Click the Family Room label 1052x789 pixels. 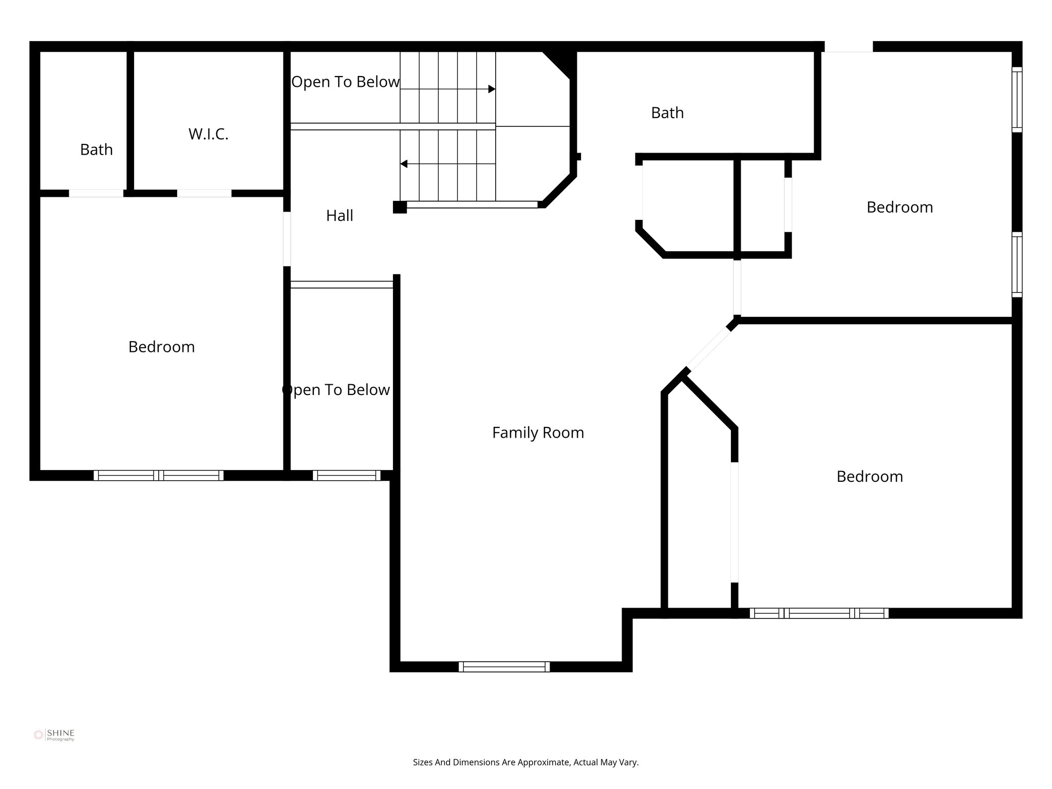pos(538,433)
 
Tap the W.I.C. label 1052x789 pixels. pos(208,134)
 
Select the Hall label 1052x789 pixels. pos(340,216)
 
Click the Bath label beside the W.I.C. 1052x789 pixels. pos(96,149)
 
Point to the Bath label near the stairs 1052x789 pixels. pos(667,112)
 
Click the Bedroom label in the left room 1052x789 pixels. pos(161,347)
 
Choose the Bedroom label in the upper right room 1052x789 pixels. pos(899,207)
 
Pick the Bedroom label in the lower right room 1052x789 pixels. pos(870,476)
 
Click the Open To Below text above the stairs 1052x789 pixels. pos(345,82)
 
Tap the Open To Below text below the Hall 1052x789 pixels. pos(336,390)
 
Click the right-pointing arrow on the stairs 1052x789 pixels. pos(491,89)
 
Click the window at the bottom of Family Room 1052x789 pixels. pos(504,667)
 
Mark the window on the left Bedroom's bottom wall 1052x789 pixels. pos(158,475)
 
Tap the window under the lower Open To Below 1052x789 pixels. pos(346,475)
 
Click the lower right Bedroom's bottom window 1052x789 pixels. pos(819,613)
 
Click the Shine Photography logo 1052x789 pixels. pos(54,735)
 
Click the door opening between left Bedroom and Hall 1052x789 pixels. pos(287,239)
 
